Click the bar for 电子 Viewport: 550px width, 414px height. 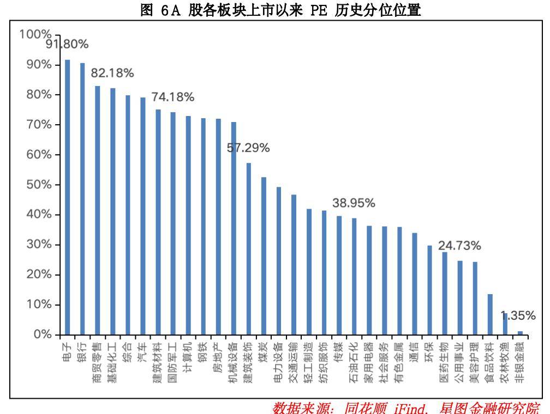[x=68, y=197]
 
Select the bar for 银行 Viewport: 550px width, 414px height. [x=82, y=198]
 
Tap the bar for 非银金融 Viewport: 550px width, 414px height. [x=520, y=332]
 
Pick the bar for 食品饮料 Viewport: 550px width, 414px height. [x=490, y=314]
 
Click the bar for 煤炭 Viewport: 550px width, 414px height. [x=264, y=255]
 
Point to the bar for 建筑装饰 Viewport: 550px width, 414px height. [x=249, y=248]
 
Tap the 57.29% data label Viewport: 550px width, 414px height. [x=249, y=148]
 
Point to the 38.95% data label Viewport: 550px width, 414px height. [x=354, y=203]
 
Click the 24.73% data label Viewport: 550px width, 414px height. [x=460, y=245]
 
